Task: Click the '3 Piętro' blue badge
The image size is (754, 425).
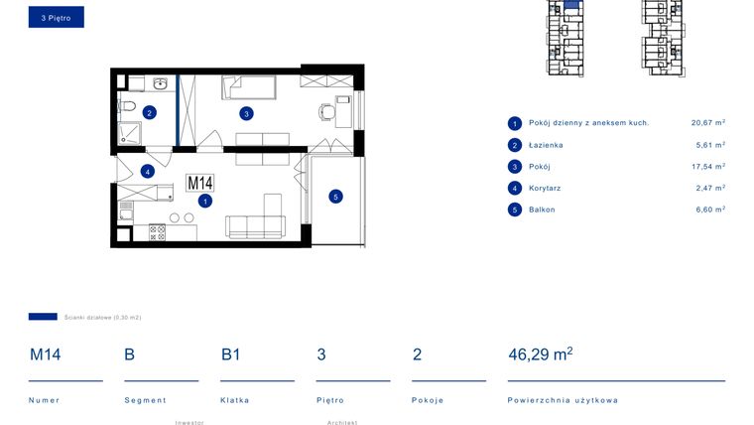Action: click(56, 17)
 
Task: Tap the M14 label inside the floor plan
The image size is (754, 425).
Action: click(200, 183)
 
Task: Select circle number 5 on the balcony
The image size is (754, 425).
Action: click(335, 197)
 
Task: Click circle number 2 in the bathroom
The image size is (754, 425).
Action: click(149, 112)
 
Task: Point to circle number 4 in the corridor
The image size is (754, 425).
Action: click(147, 171)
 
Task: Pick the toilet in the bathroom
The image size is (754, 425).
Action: click(126, 106)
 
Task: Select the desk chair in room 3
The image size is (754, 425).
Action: click(325, 111)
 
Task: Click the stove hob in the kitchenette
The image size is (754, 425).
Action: click(157, 232)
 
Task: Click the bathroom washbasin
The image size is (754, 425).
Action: click(159, 83)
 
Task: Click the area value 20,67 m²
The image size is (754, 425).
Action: click(707, 123)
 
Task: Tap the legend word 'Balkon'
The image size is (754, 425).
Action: click(542, 210)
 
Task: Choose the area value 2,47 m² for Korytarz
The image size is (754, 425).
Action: click(707, 188)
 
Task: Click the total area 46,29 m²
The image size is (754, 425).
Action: click(540, 354)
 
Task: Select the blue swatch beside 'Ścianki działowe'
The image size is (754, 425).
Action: click(43, 317)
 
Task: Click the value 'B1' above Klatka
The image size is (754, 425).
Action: click(230, 354)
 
